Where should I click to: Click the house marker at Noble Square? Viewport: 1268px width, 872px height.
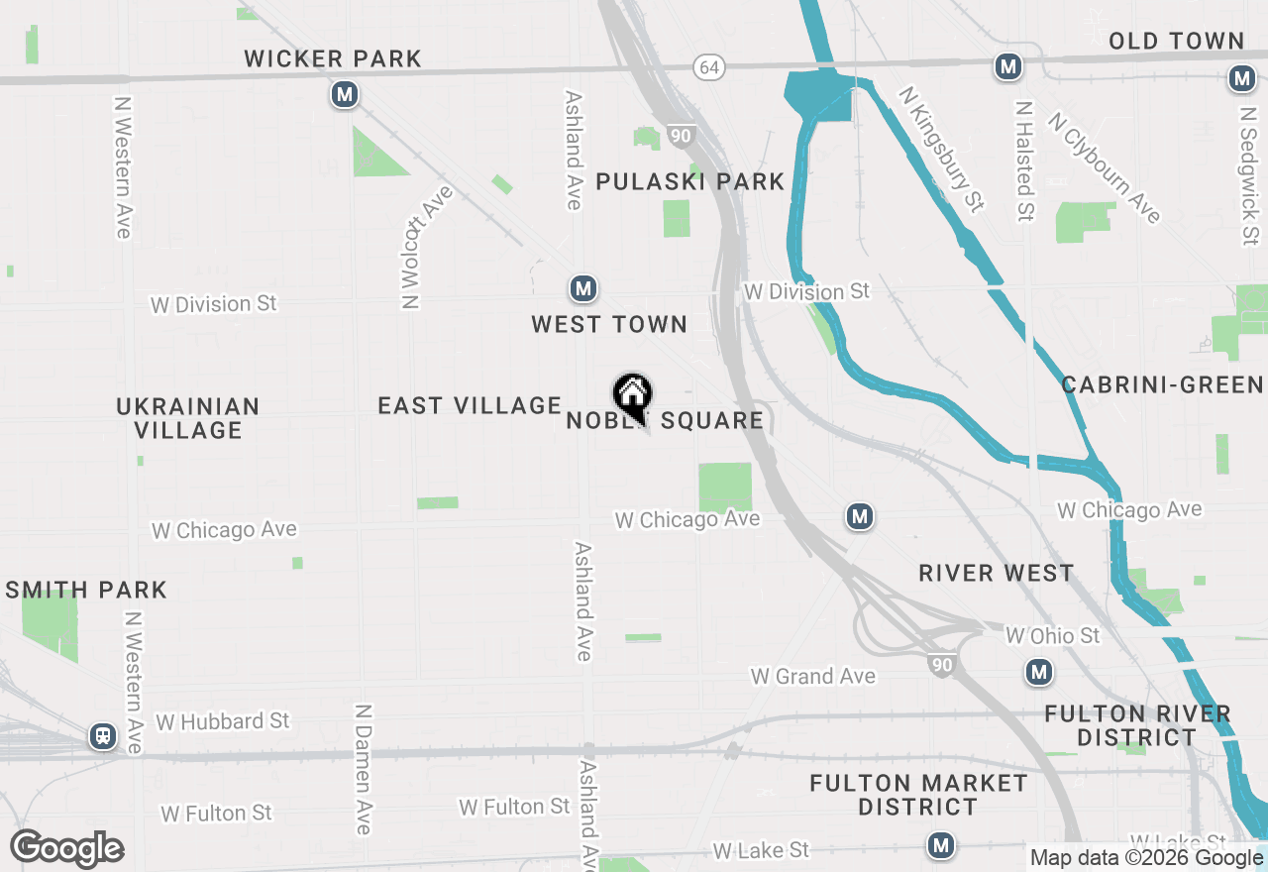tap(632, 394)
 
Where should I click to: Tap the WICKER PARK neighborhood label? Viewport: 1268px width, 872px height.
tap(333, 59)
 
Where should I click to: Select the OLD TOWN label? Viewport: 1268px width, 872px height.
tap(1176, 42)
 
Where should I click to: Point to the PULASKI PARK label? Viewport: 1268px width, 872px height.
tap(689, 182)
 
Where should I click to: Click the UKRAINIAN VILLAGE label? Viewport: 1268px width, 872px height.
tap(188, 418)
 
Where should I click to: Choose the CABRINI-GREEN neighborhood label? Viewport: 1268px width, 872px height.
tap(1162, 385)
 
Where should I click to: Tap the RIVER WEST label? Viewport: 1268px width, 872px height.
tap(996, 574)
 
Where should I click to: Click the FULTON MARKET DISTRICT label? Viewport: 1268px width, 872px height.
tap(918, 795)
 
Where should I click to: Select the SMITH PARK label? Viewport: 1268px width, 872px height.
tap(85, 591)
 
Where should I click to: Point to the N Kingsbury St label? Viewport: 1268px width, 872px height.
tap(941, 149)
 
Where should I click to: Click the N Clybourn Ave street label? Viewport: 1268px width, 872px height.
tap(1106, 167)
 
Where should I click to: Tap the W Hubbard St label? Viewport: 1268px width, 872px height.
tap(223, 721)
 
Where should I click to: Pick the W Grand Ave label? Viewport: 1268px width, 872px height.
tap(813, 677)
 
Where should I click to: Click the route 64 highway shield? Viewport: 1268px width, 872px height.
tap(709, 67)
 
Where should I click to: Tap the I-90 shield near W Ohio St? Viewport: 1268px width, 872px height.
tap(941, 666)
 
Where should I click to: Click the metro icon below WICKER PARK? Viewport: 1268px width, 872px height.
tap(345, 94)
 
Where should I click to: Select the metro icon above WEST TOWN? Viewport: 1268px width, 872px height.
tap(582, 289)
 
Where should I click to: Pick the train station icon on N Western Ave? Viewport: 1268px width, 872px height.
tap(102, 736)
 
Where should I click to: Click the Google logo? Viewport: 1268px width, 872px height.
tap(67, 849)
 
